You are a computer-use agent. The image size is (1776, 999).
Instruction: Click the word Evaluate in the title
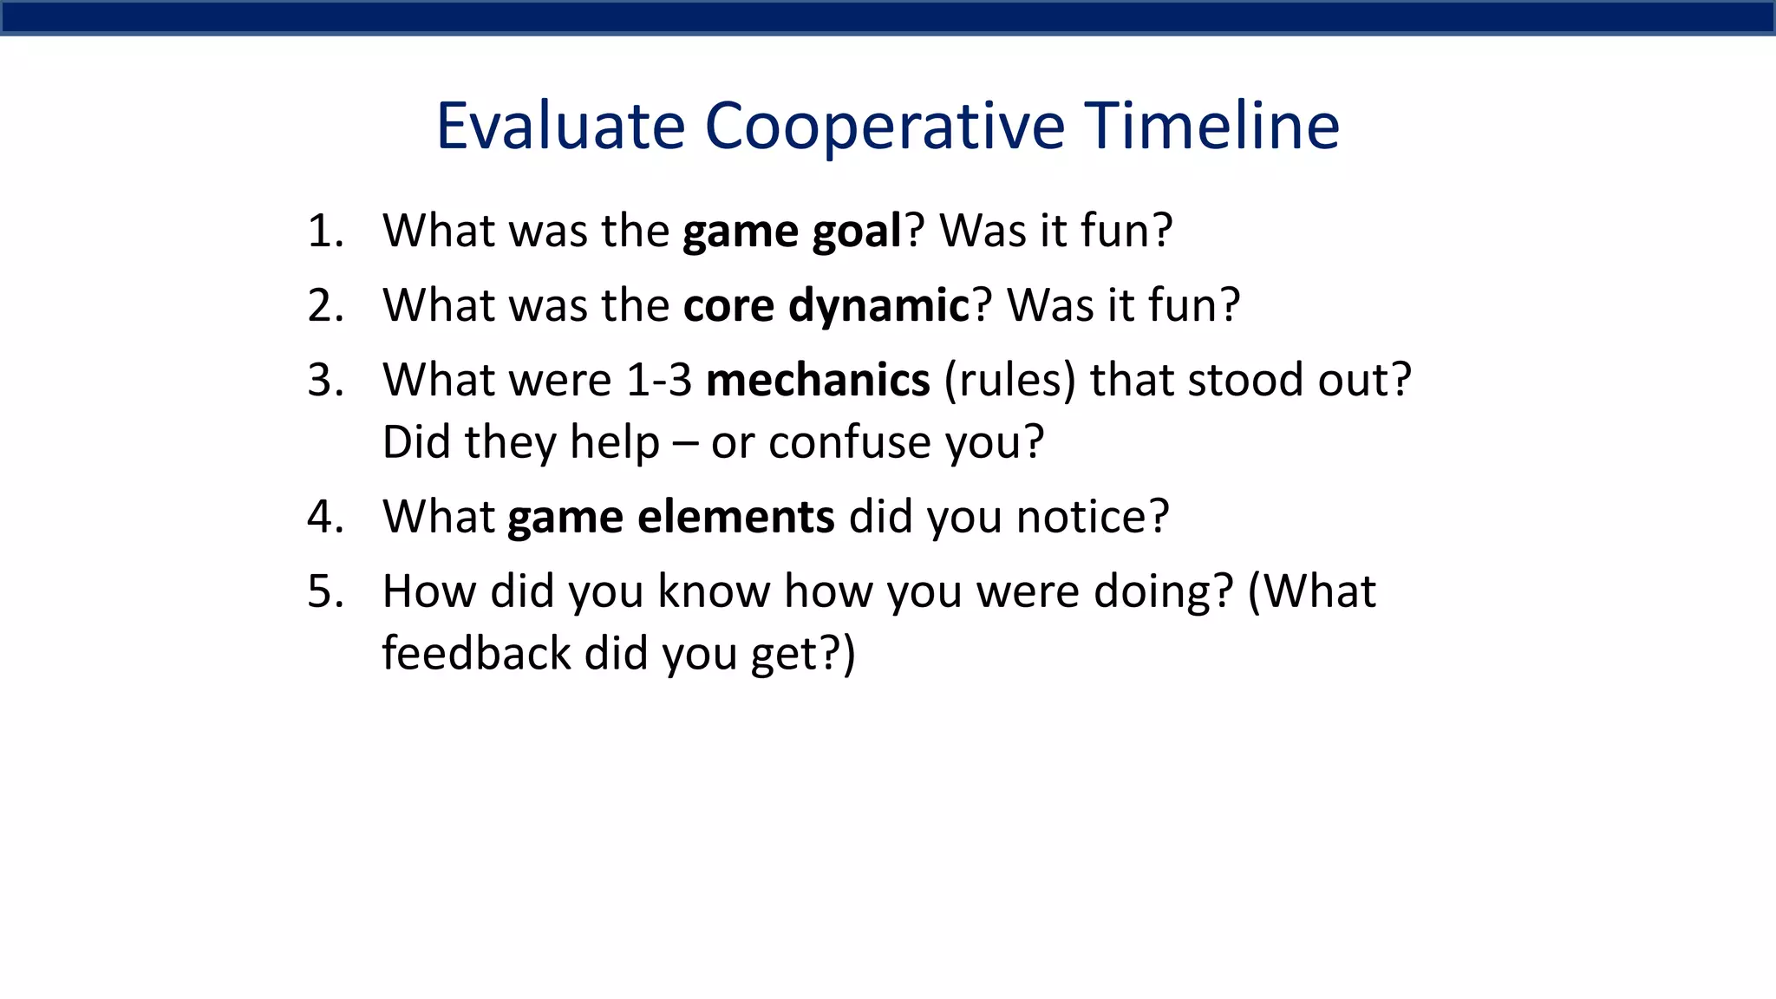pos(560,127)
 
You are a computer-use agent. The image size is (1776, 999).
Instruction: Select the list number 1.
pos(325,232)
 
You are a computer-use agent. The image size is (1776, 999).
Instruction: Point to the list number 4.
pos(325,518)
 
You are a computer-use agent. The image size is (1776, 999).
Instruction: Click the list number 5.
pos(325,592)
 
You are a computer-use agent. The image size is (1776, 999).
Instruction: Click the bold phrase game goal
pos(792,232)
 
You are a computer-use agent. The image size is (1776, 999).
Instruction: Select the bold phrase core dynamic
pos(826,306)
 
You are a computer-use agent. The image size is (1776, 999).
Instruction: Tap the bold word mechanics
pos(818,382)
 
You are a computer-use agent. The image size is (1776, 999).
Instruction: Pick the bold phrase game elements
pos(670,518)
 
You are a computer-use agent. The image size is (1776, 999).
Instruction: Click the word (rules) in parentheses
pos(1010,382)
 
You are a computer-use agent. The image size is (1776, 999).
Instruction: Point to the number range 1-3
pos(658,382)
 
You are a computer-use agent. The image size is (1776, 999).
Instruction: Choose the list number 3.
pos(325,382)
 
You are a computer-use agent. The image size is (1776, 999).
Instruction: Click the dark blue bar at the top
pos(888,17)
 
